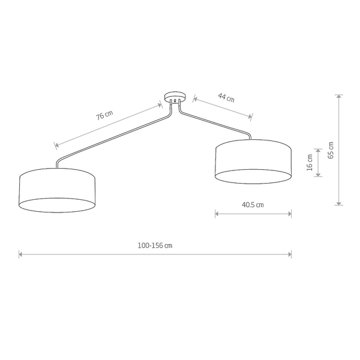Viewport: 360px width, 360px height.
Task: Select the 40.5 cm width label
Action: pyautogui.click(x=253, y=205)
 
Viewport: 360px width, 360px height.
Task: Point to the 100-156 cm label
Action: pyautogui.click(x=155, y=245)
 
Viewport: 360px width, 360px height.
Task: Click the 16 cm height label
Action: pyautogui.click(x=310, y=163)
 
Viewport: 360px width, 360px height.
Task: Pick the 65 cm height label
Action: pyautogui.click(x=331, y=149)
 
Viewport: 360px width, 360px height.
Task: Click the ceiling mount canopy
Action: pyautogui.click(x=175, y=96)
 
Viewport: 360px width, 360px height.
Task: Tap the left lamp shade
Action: pyautogui.click(x=58, y=190)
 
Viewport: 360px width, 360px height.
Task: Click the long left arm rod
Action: pyautogui.click(x=114, y=136)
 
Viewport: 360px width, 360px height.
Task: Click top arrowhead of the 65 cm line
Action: pyautogui.click(x=339, y=96)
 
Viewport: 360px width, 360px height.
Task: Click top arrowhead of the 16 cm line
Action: pyautogui.click(x=319, y=149)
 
